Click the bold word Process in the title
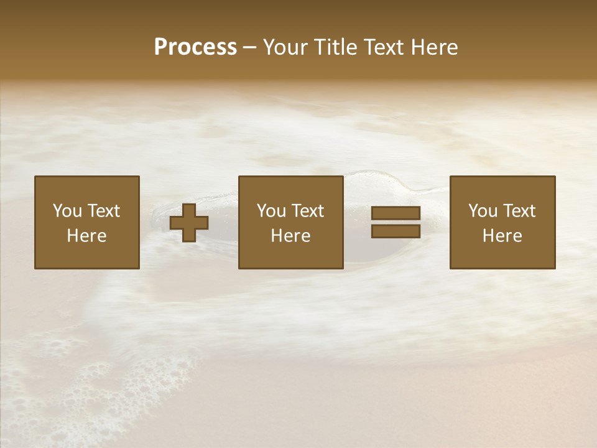pyautogui.click(x=195, y=47)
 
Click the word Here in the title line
pyautogui.click(x=435, y=47)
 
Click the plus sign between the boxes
pyautogui.click(x=189, y=223)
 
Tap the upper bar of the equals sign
pyautogui.click(x=396, y=213)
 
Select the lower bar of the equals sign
pyautogui.click(x=396, y=231)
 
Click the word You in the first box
pyautogui.click(x=67, y=211)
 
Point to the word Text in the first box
pyautogui.click(x=103, y=211)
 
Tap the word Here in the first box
pyautogui.click(x=87, y=236)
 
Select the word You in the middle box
pyautogui.click(x=271, y=211)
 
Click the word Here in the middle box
pyautogui.click(x=291, y=236)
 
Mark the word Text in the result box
pyautogui.click(x=519, y=211)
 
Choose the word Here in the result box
pyautogui.click(x=502, y=236)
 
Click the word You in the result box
pyautogui.click(x=483, y=211)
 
